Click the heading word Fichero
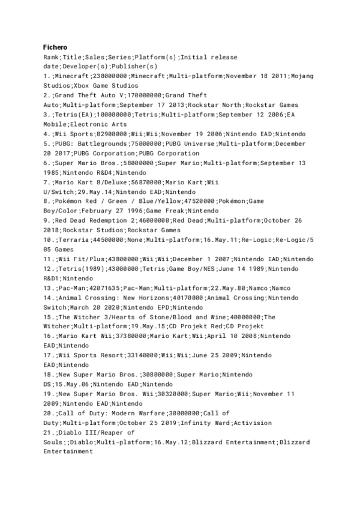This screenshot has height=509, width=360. tap(55, 47)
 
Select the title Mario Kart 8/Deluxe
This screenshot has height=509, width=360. tap(95, 181)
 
